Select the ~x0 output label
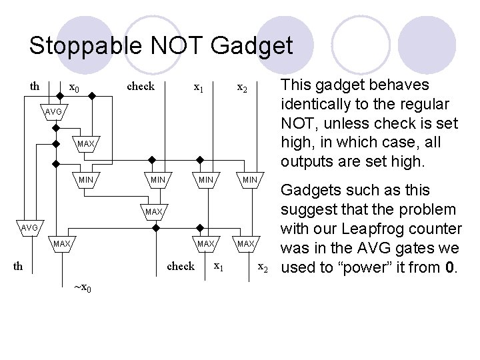point(83,288)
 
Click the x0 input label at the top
point(75,88)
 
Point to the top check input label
point(141,86)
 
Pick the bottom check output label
point(180,266)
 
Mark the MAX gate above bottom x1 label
point(205,244)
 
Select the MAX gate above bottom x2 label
point(246,244)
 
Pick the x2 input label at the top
point(243,88)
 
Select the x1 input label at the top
point(198,87)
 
